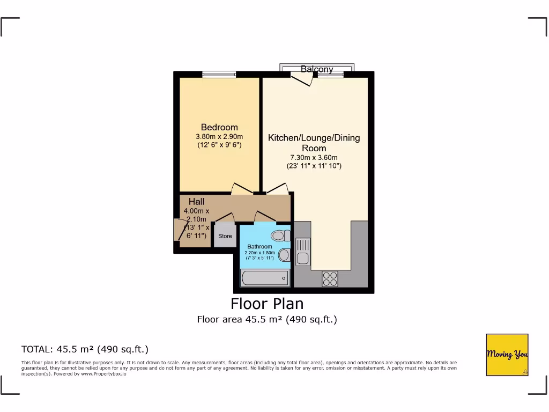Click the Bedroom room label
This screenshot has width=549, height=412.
pyautogui.click(x=219, y=127)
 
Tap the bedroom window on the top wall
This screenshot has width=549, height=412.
pyautogui.click(x=219, y=75)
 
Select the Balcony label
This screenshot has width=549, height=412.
pyautogui.click(x=317, y=69)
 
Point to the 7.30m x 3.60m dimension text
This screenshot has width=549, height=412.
pyautogui.click(x=314, y=157)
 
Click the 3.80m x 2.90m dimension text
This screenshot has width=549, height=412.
pyautogui.click(x=219, y=136)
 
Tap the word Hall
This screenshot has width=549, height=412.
pyautogui.click(x=196, y=202)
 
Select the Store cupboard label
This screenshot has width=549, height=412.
pyautogui.click(x=225, y=236)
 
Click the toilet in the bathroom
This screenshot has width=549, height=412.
pyautogui.click(x=280, y=235)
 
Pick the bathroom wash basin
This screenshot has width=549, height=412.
pyautogui.click(x=284, y=254)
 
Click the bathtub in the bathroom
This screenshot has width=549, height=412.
pyautogui.click(x=264, y=278)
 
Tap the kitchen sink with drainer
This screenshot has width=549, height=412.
pyautogui.click(x=302, y=252)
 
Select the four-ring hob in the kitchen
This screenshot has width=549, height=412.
pyautogui.click(x=330, y=278)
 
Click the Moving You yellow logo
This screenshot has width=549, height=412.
pyautogui.click(x=507, y=355)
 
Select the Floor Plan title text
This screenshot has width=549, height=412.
pyautogui.click(x=267, y=304)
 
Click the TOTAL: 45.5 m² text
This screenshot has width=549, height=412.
pyautogui.click(x=85, y=349)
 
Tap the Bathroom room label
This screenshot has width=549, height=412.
pyautogui.click(x=259, y=247)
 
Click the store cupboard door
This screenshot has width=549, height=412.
pyautogui.click(x=225, y=218)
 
